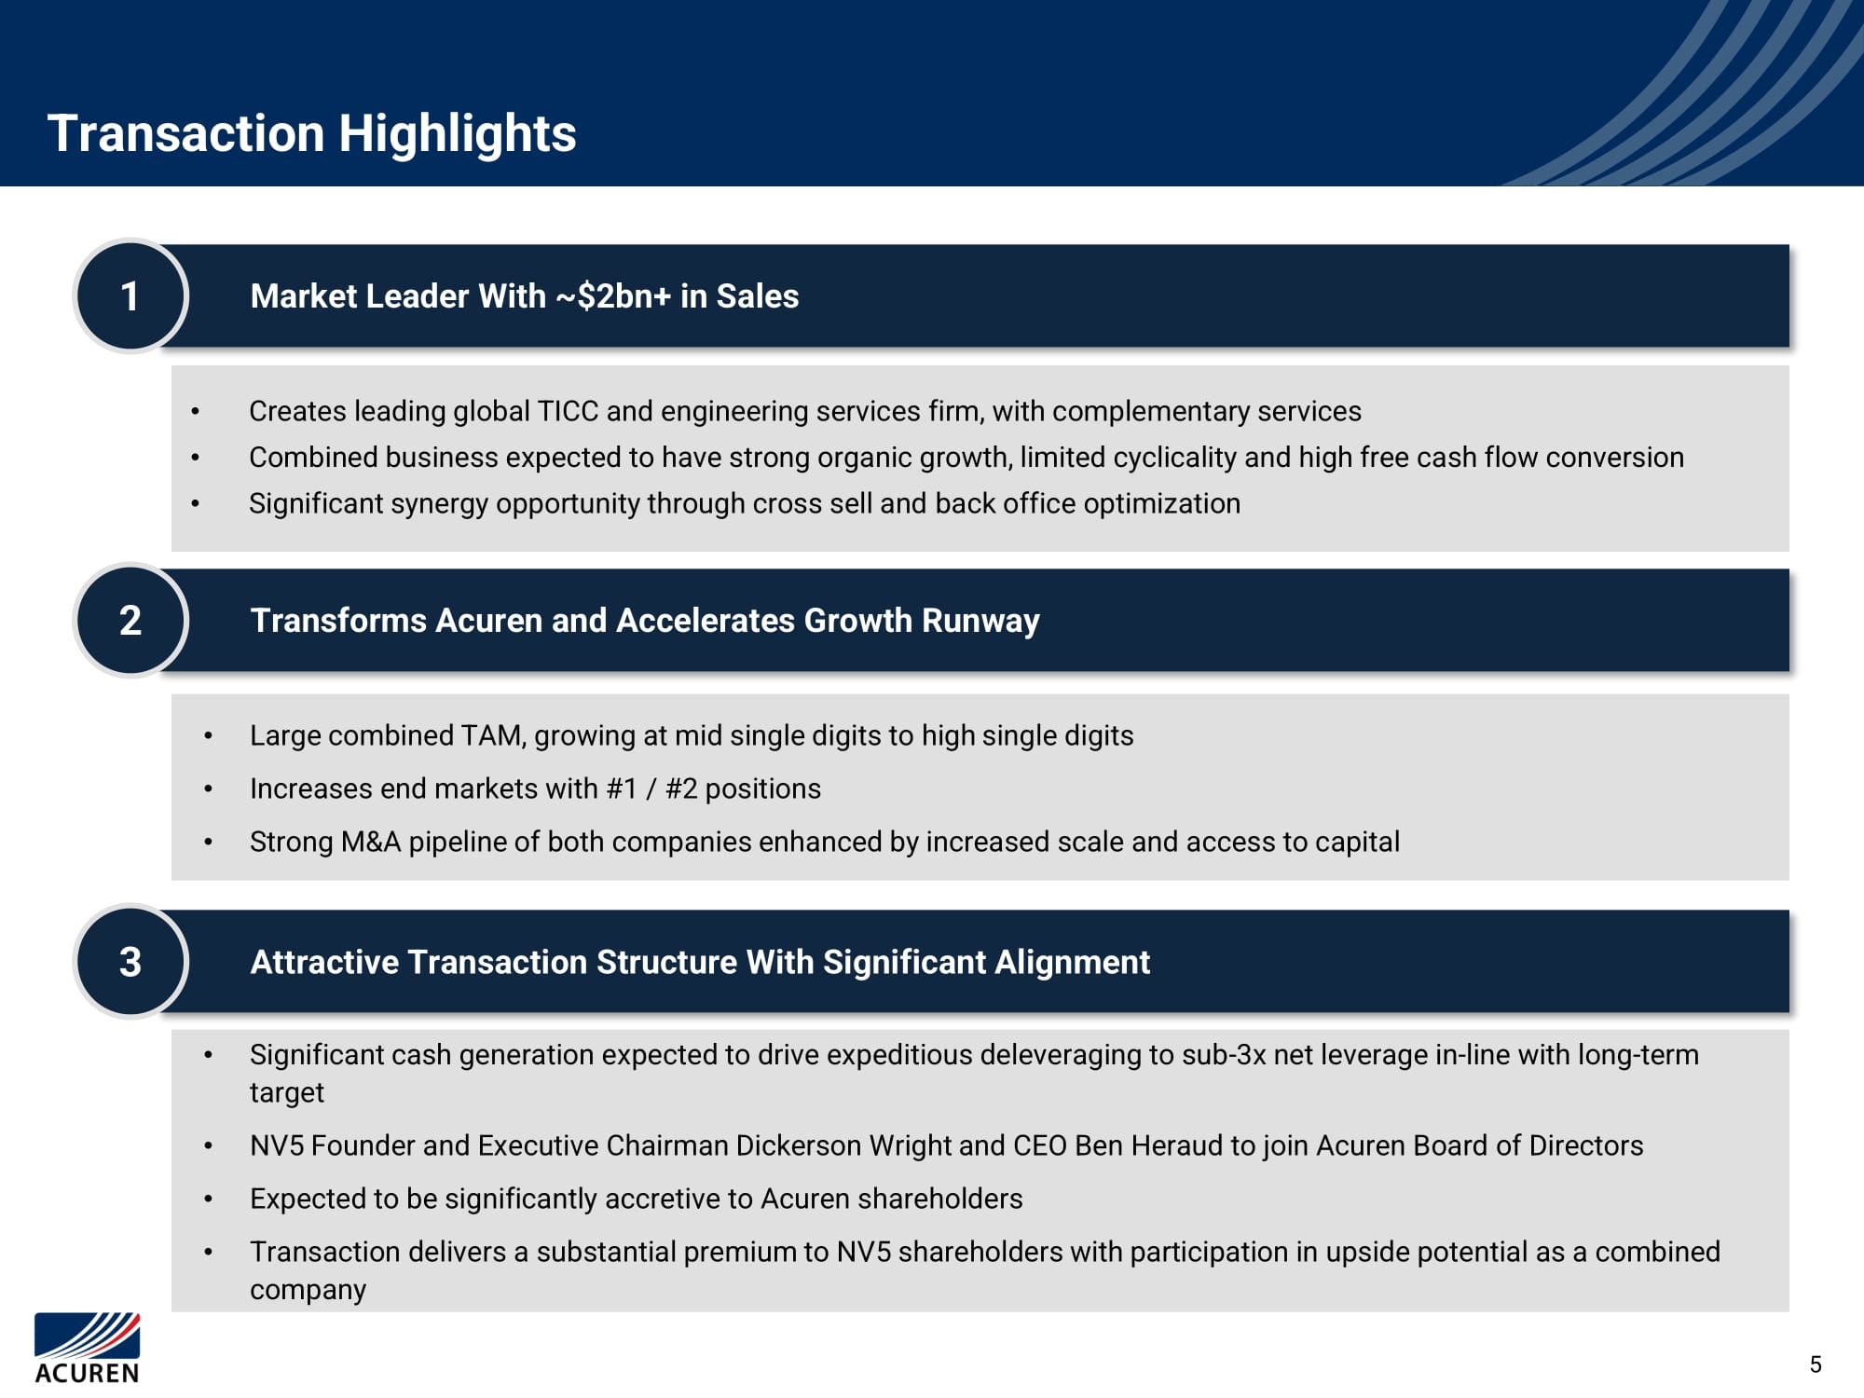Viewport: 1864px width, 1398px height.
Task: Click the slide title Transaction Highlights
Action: pos(312,133)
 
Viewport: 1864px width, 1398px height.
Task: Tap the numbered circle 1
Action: pos(130,296)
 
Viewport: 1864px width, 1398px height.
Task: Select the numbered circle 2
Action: pos(130,621)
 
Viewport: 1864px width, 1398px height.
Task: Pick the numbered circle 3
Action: pos(130,962)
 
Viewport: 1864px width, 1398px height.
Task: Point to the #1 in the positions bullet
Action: pos(622,789)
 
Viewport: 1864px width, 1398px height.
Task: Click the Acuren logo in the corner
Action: pos(88,1348)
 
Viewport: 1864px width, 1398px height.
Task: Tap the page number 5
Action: pos(1816,1364)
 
